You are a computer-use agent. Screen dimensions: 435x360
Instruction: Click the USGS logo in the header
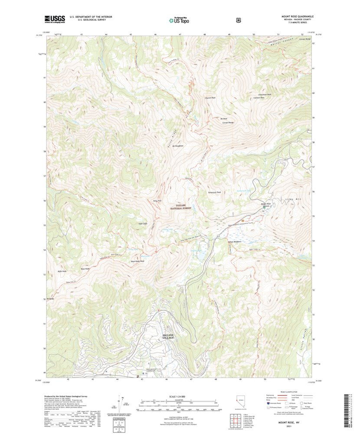(x=54, y=19)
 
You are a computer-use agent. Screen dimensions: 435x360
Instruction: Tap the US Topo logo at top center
(x=180, y=19)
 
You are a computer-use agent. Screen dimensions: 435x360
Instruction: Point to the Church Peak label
(x=210, y=98)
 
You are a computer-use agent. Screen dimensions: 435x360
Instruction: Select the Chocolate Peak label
(x=265, y=95)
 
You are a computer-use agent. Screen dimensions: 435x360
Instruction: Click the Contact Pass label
(x=259, y=98)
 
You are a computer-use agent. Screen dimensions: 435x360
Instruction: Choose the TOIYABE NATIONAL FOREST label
(x=183, y=207)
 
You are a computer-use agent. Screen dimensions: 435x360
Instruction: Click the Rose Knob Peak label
(x=137, y=261)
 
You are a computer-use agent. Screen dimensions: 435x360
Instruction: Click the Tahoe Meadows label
(x=234, y=242)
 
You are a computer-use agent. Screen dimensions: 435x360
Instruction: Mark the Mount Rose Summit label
(x=266, y=204)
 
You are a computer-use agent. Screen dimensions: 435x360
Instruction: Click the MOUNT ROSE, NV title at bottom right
(x=293, y=422)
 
